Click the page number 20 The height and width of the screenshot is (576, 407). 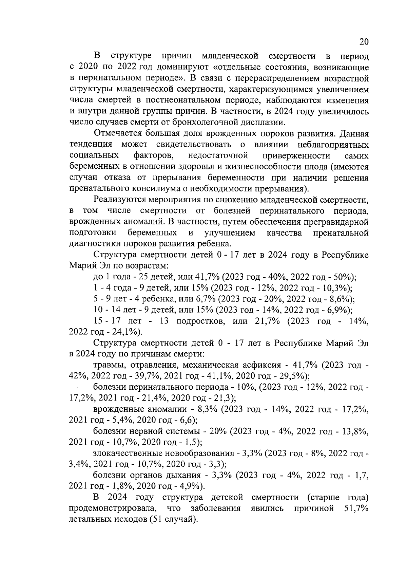(x=364, y=42)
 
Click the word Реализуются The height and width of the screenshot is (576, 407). (x=119, y=200)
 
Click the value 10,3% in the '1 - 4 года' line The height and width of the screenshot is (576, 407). (x=336, y=289)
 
